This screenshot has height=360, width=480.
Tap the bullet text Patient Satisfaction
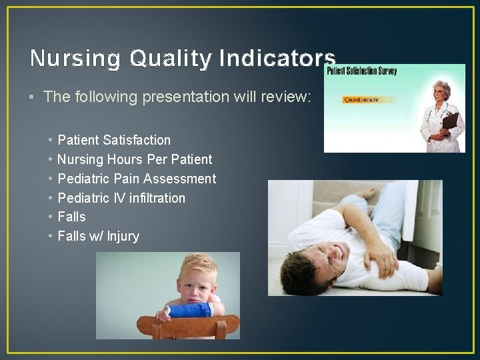pos(114,140)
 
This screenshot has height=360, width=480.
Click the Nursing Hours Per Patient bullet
pos(135,159)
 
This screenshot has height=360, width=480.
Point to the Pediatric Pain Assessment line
pos(137,179)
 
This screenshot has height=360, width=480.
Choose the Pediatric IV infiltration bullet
pos(121,198)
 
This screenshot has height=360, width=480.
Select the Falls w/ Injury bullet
pos(98,236)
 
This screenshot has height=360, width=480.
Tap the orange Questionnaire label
pos(361,99)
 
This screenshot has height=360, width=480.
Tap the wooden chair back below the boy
pos(187,326)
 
